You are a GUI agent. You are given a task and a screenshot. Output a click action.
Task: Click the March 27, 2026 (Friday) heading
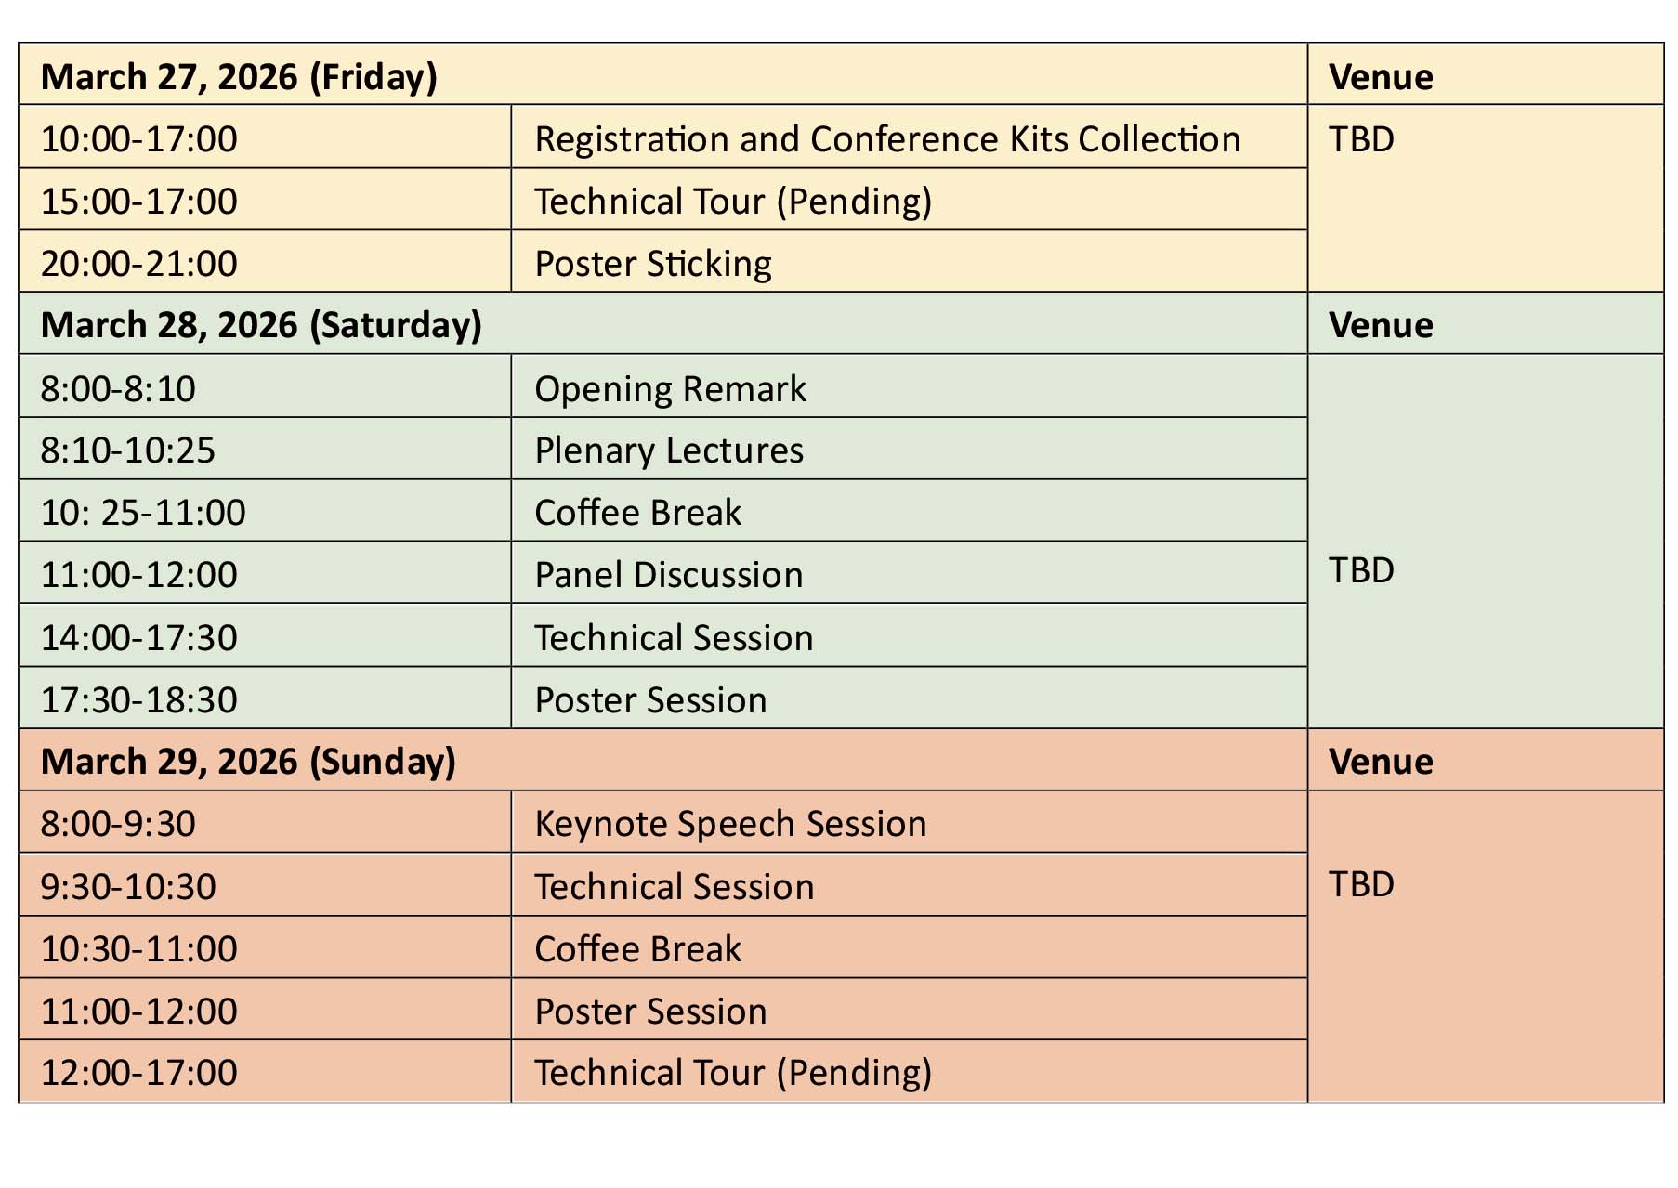point(239,76)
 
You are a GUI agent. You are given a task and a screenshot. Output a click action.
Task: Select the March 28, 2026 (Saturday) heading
point(261,325)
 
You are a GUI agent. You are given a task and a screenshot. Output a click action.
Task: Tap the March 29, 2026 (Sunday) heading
point(248,762)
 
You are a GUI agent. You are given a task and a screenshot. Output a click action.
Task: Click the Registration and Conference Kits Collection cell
point(887,139)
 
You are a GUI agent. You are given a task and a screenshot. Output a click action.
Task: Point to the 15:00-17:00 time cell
point(139,202)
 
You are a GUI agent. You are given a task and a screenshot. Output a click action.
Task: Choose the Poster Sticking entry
point(653,264)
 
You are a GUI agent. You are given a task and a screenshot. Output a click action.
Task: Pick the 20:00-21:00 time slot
point(139,264)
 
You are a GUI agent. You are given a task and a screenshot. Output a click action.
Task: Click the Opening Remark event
point(671,389)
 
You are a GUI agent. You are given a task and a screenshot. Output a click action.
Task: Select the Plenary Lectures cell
point(669,450)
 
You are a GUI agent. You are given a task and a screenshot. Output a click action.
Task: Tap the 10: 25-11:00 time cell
point(143,513)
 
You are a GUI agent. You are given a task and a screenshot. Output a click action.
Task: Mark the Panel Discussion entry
point(669,575)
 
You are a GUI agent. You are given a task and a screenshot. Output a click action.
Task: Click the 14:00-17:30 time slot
point(139,638)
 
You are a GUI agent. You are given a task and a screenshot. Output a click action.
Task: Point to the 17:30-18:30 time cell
point(139,700)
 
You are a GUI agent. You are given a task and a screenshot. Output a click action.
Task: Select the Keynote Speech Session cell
point(731,824)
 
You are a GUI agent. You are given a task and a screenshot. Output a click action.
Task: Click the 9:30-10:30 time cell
point(128,887)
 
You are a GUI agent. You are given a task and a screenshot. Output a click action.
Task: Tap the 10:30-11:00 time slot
point(139,949)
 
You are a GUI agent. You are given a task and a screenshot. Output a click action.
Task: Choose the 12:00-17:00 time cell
point(139,1073)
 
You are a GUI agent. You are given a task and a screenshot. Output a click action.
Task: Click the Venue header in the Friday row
point(1381,77)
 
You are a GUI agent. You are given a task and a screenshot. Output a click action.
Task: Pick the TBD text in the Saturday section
point(1362,570)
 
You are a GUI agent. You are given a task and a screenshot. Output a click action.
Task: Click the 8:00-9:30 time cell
point(118,824)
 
